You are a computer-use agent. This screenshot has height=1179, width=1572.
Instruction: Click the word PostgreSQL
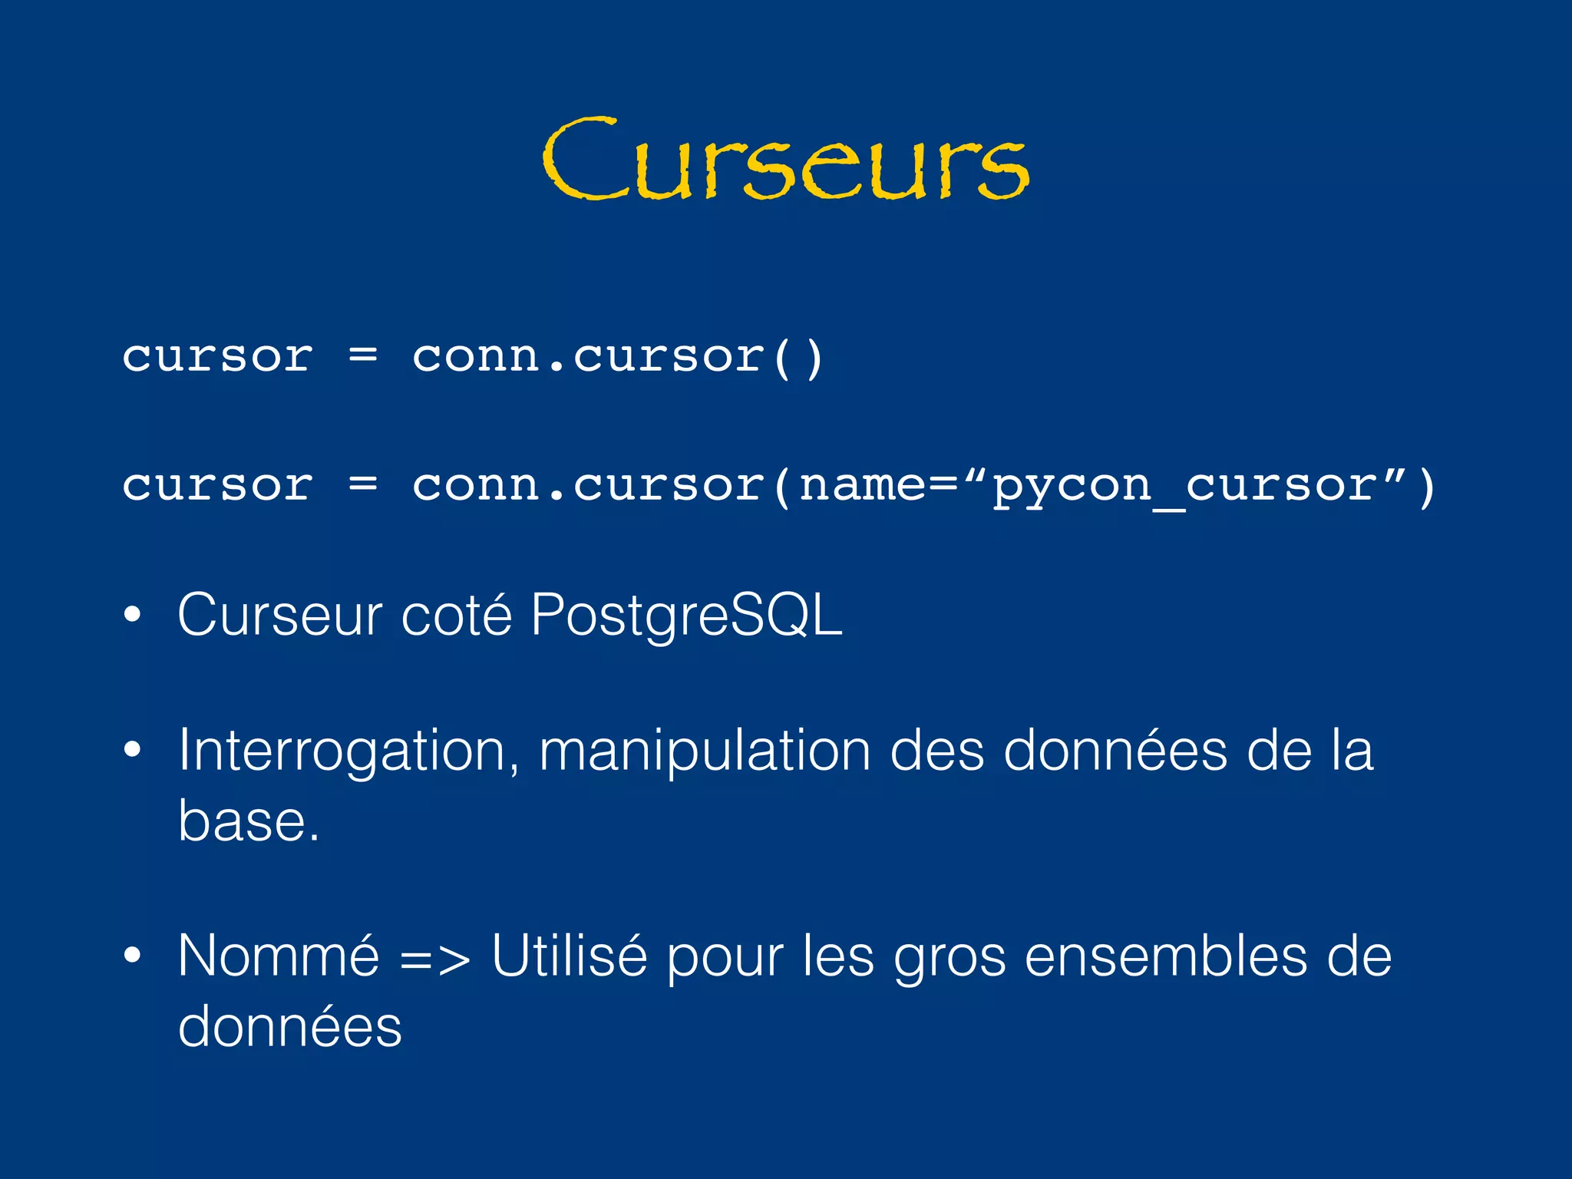click(686, 615)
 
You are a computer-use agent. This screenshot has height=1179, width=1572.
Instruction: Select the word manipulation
click(705, 750)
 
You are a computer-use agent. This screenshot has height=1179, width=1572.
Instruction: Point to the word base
click(248, 821)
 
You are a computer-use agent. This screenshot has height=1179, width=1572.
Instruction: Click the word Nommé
click(279, 956)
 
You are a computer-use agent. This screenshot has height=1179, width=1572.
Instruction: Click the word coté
click(456, 615)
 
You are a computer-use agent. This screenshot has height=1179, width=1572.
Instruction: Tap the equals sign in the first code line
click(363, 356)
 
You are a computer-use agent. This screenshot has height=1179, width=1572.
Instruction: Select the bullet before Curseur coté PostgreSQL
click(133, 615)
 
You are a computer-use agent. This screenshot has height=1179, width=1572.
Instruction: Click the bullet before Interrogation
click(133, 750)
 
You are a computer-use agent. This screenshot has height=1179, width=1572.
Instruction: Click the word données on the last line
click(289, 1026)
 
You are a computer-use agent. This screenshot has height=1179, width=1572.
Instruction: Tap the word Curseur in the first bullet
click(279, 615)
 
